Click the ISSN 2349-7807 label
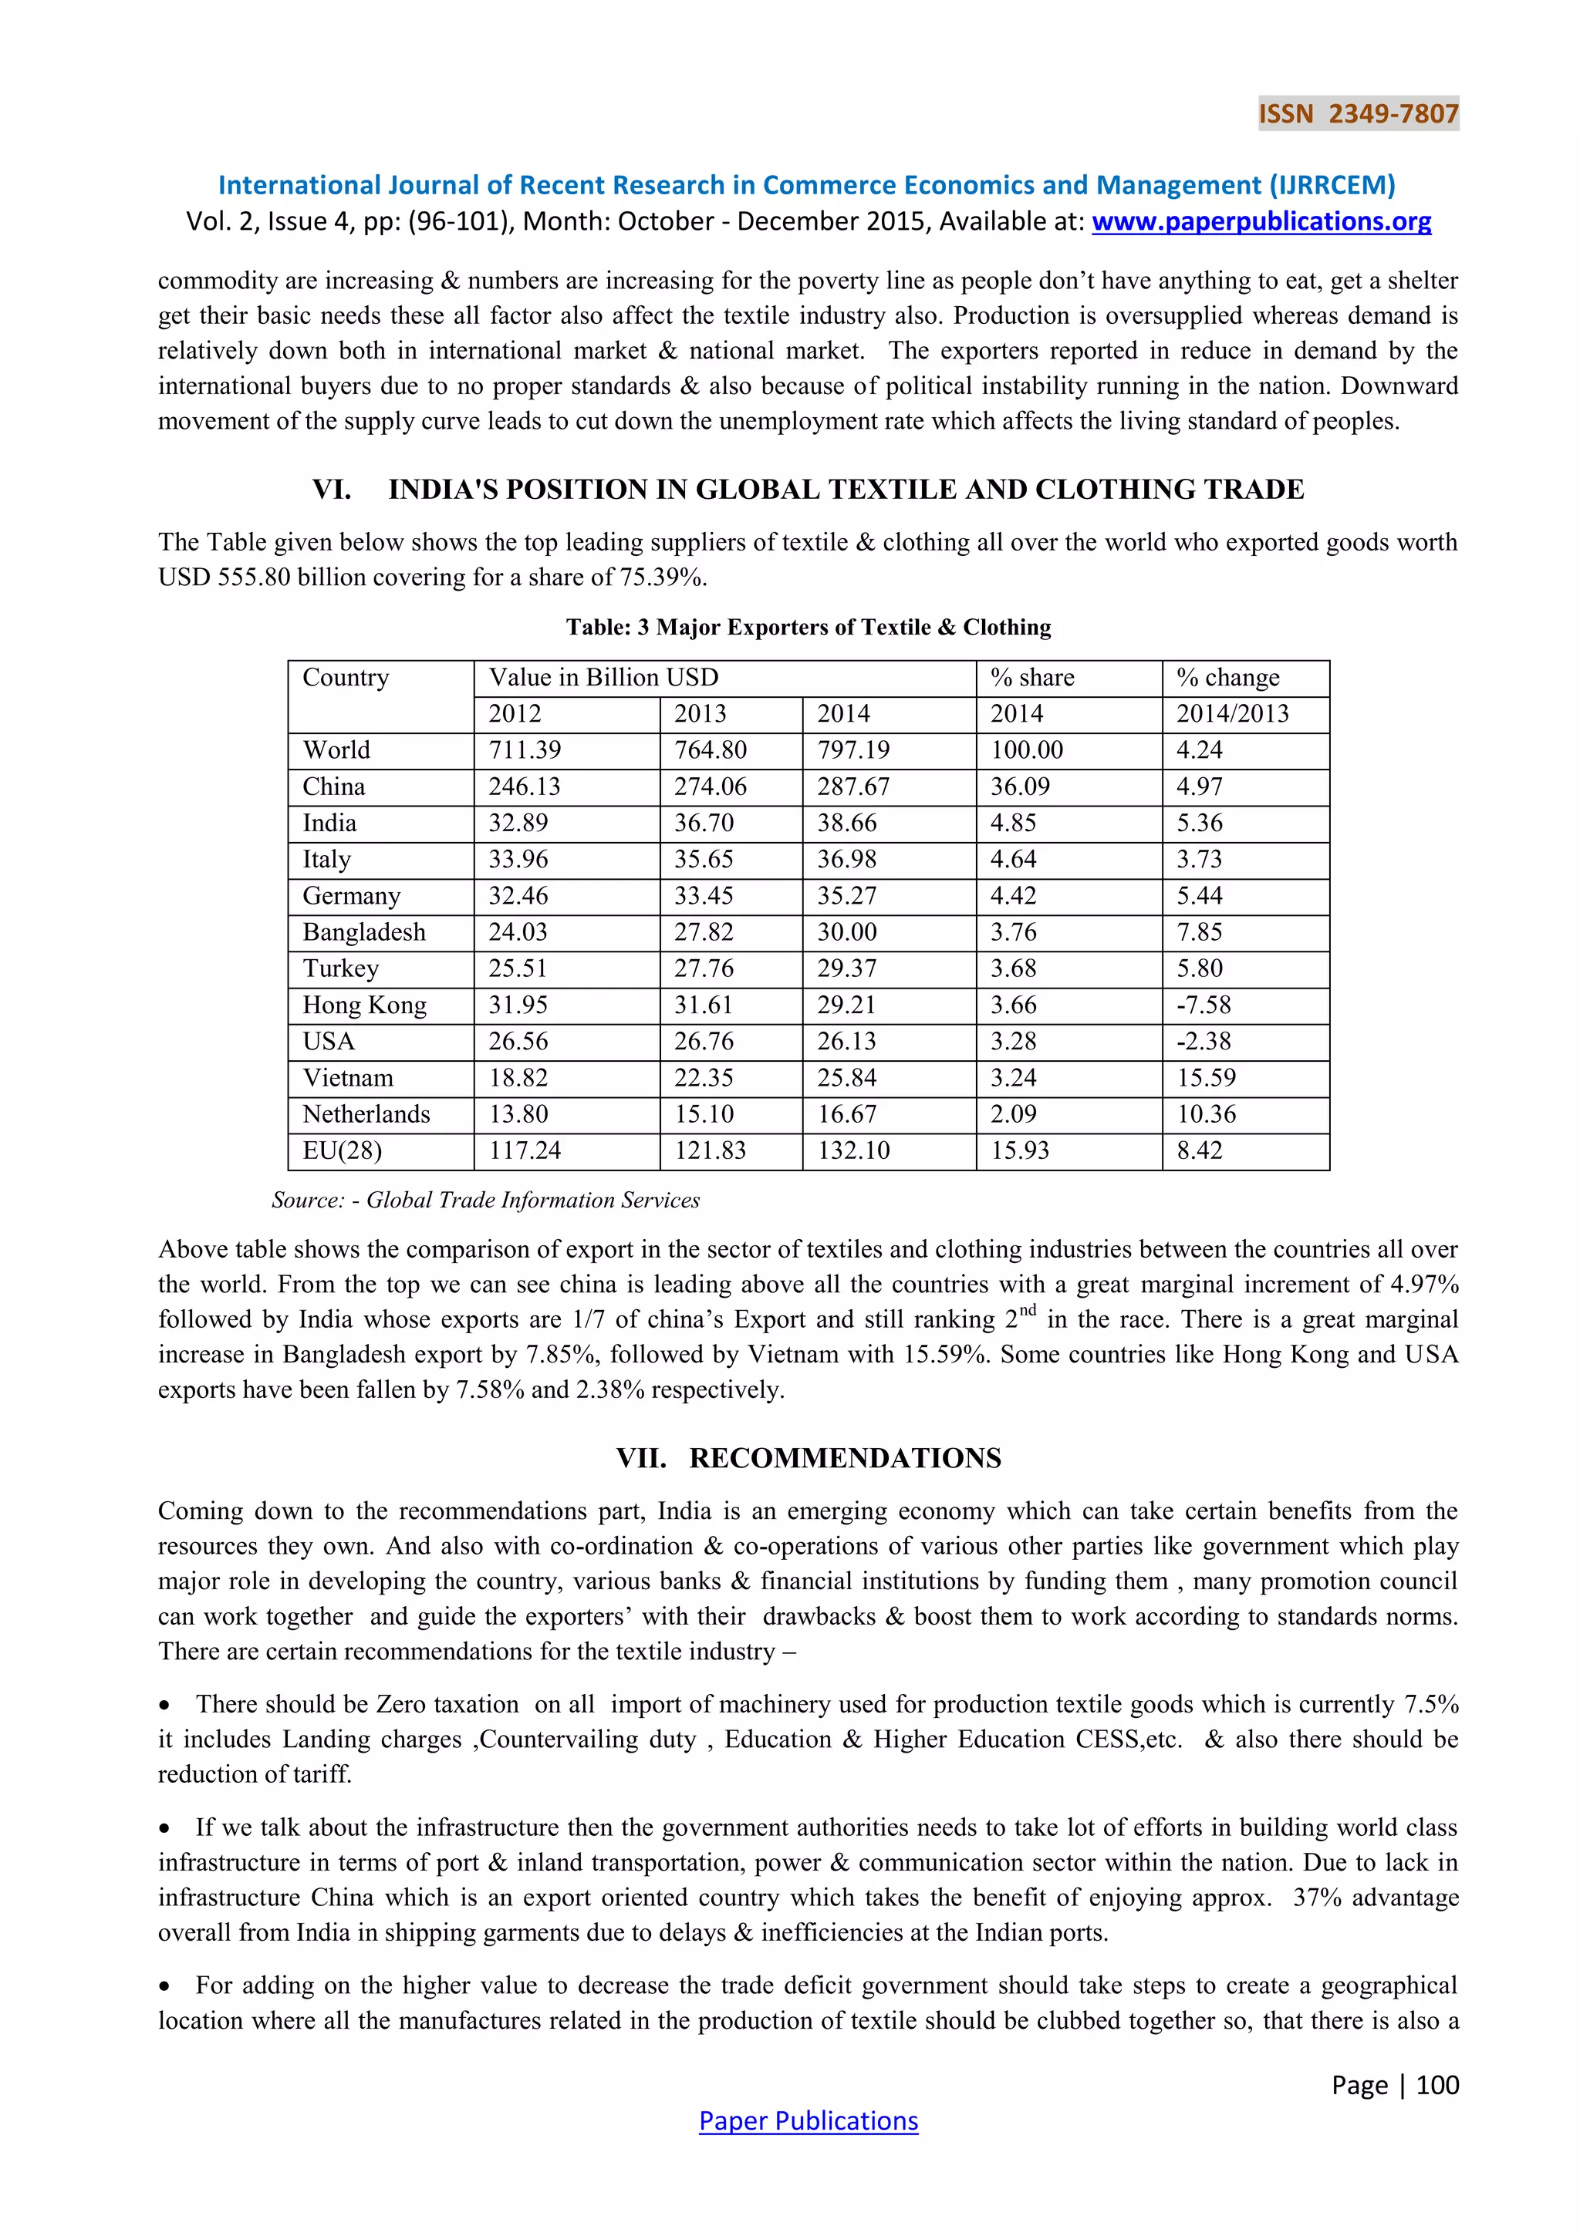coord(1358,114)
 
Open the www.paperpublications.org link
coord(1261,222)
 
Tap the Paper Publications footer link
coord(808,2120)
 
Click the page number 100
coord(1437,2084)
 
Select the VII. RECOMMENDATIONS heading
coord(808,1458)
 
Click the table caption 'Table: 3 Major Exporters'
coord(808,628)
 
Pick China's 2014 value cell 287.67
coord(853,786)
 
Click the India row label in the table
coord(330,823)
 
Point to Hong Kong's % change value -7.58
coord(1204,1005)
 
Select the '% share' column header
coord(1032,678)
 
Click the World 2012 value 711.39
coord(525,749)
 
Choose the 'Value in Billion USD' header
coord(603,678)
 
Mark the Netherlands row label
coord(366,1114)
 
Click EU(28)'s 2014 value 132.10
coord(853,1150)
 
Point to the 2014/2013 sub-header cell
coord(1232,714)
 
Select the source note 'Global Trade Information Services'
coord(532,1200)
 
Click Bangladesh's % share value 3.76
coord(1014,931)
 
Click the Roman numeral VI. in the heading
coord(332,489)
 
